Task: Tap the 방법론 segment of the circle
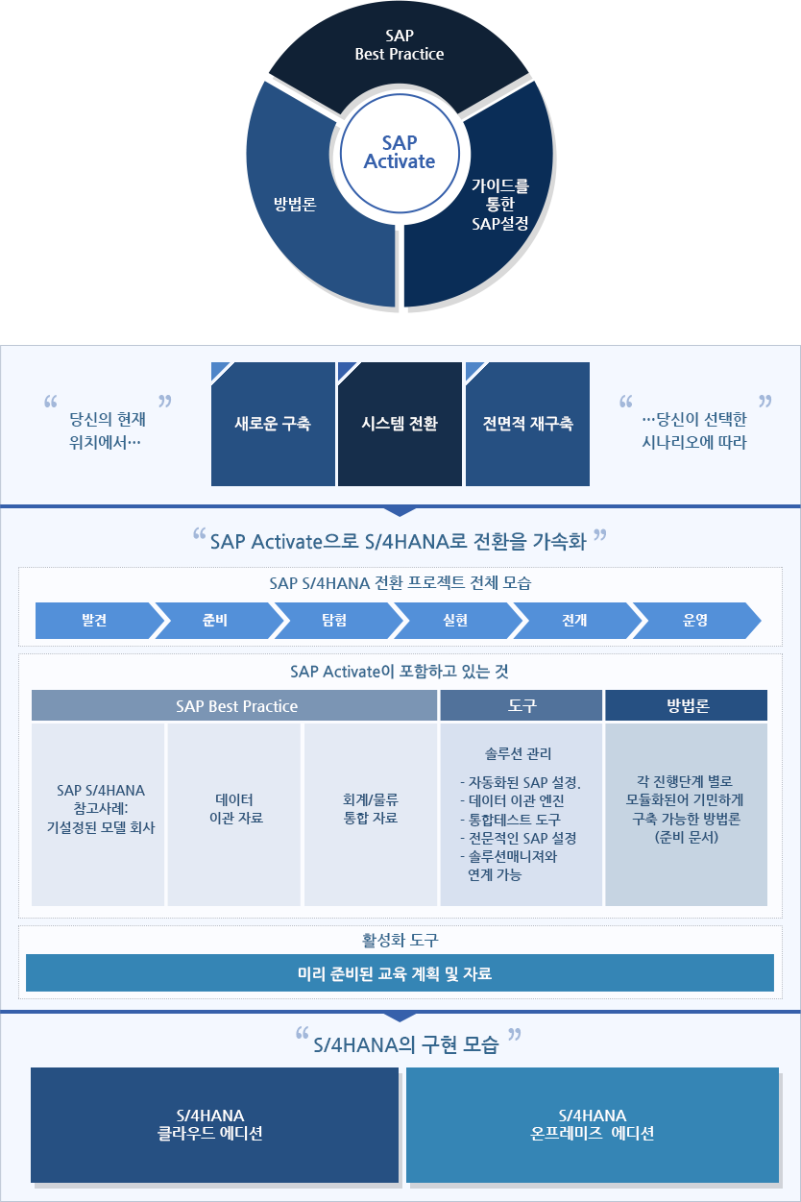[295, 204]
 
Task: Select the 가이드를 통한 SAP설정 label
[499, 205]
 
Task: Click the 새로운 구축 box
[273, 424]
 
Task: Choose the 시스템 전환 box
[400, 424]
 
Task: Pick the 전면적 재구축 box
[527, 424]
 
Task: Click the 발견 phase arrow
[94, 621]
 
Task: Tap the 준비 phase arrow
[214, 621]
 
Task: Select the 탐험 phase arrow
[334, 621]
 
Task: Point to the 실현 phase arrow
[454, 621]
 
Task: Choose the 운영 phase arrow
[694, 621]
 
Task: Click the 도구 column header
[522, 705]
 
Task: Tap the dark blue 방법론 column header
[687, 705]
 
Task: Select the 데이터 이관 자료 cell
[234, 809]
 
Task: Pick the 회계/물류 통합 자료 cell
[370, 809]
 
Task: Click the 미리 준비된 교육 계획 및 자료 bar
[400, 972]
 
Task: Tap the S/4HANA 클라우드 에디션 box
[214, 1124]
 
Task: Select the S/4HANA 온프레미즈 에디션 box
[593, 1124]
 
